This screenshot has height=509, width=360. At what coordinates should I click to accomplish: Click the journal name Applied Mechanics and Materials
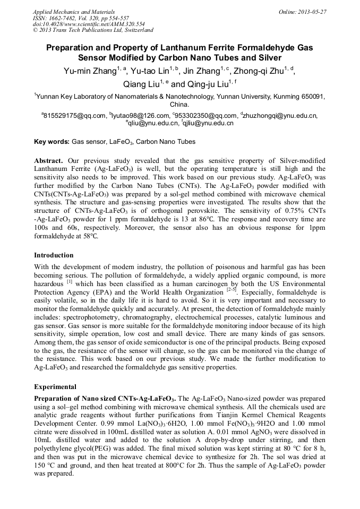click(x=74, y=11)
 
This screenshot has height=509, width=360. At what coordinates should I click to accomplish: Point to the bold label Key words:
click(x=52, y=142)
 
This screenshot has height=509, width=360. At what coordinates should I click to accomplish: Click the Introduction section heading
click(x=54, y=255)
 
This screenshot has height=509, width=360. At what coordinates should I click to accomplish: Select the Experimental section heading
click(x=55, y=386)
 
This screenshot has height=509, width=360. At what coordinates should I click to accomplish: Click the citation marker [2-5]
click(x=231, y=290)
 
